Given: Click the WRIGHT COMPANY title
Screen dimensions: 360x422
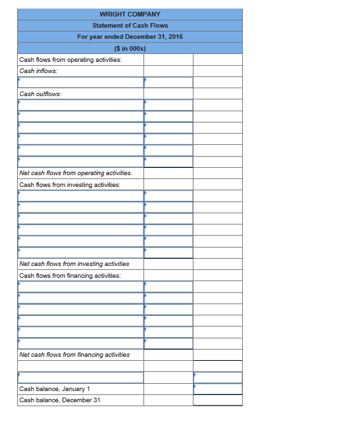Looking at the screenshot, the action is (130, 14).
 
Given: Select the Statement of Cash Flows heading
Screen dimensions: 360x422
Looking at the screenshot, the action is (130, 25).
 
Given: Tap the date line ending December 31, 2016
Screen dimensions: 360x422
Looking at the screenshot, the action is (130, 36).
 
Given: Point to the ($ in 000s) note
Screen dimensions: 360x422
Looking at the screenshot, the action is (130, 48).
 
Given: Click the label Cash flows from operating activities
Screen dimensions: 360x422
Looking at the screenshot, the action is (70, 59).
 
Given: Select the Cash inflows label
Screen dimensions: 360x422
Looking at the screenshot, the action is (38, 70).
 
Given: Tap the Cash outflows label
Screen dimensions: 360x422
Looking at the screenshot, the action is (40, 93).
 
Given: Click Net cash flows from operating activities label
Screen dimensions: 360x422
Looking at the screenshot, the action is (76, 173).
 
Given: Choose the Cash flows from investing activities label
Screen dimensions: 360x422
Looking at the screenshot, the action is (70, 184).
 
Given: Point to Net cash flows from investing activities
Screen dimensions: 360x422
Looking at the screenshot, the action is (74, 264).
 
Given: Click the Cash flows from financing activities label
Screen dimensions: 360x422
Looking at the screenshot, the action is (70, 275).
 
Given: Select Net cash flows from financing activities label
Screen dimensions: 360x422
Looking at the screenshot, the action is (74, 355).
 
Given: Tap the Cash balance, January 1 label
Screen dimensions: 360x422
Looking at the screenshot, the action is (55, 389).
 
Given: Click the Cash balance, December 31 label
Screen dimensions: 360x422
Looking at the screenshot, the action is (60, 400).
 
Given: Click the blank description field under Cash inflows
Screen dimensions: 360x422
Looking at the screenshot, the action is (80, 82).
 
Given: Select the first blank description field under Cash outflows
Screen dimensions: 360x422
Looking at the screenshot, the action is (80, 105).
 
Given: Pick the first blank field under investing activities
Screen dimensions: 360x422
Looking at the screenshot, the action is (80, 196).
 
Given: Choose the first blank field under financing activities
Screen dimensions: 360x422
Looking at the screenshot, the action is (80, 286).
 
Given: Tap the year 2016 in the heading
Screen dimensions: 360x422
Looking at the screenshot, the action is (175, 36).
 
